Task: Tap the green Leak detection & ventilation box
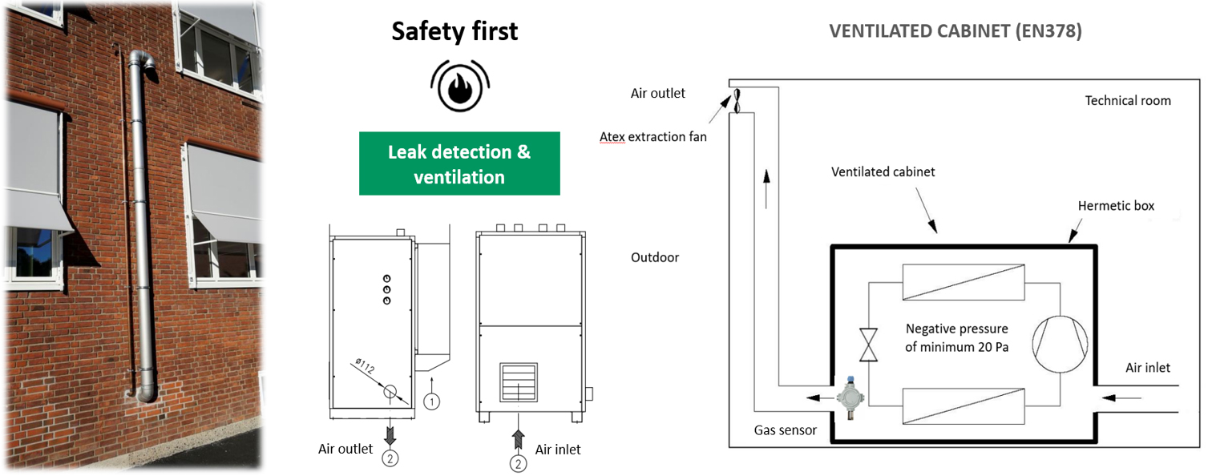pos(459,164)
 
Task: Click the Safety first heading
pos(454,31)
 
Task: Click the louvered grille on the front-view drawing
pos(519,381)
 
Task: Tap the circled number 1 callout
pos(431,400)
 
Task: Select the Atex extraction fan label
pos(653,137)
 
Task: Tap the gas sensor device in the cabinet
pos(846,396)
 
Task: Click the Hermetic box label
pos(1116,206)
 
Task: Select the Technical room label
pos(1128,101)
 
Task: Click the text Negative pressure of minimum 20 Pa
pos(957,337)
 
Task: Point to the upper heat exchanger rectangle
pos(963,282)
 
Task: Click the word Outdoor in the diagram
pos(655,258)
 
